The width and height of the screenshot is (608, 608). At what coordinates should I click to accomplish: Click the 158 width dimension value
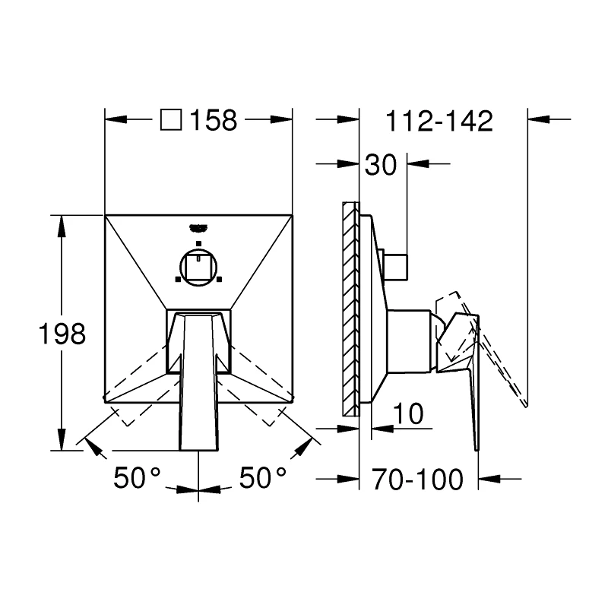214,120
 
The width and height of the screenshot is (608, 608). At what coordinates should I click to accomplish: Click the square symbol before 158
173,120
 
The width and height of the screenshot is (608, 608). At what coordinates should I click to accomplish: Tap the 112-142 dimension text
440,120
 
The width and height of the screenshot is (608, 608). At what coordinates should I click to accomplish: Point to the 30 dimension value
381,164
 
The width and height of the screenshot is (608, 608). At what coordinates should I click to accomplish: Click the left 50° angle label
137,478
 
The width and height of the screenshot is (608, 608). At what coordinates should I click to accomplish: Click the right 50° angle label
262,478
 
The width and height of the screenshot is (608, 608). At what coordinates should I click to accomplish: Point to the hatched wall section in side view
350,308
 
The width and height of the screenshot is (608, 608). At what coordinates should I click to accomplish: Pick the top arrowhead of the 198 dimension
60,222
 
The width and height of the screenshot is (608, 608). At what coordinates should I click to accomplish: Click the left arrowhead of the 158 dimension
112,120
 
